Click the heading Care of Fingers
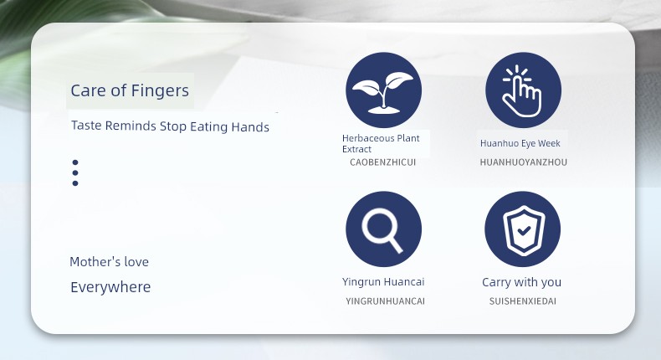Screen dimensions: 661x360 pos(130,90)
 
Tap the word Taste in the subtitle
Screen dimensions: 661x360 pos(86,126)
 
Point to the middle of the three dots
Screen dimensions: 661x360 pos(75,172)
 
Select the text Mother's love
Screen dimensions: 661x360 pos(109,262)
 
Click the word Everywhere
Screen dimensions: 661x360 pos(110,287)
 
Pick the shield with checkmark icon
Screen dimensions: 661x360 pos(523,229)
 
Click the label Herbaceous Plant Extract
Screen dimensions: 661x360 pos(381,143)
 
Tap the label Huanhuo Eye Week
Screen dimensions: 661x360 pos(520,143)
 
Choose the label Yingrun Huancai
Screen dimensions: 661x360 pos(383,281)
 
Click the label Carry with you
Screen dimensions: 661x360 pos(521,282)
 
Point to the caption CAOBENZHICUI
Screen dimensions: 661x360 pos(382,162)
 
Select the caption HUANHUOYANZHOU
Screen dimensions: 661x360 pos(524,162)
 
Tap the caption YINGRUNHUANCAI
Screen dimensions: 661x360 pos(385,301)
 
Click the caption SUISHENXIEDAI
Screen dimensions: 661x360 pos(523,301)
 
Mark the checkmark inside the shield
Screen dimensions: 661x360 pos(524,230)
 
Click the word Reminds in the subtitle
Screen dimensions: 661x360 pos(131,126)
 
